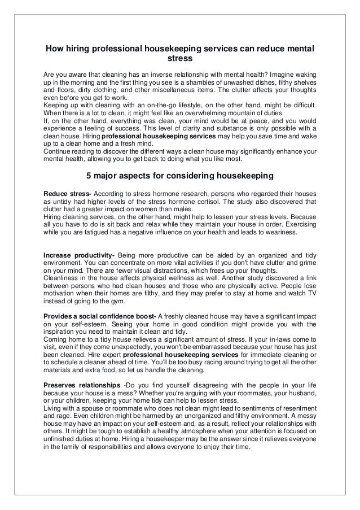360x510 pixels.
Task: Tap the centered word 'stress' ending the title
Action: click(x=179, y=58)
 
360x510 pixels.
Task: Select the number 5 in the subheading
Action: click(x=87, y=175)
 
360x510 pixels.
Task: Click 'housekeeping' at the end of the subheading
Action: click(x=245, y=175)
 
